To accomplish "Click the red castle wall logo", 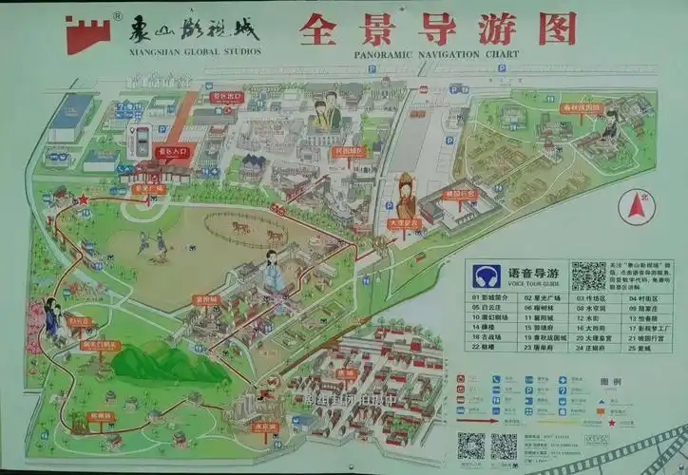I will coord(87,33).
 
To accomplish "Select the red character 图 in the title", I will coord(558,28).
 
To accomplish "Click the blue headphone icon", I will coord(487,275).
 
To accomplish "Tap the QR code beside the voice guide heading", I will coord(588,275).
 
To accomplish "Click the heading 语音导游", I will coord(534,273).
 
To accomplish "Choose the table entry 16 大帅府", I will coord(589,327).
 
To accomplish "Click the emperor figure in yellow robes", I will coord(407,195).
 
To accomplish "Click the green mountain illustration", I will coord(158,361).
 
